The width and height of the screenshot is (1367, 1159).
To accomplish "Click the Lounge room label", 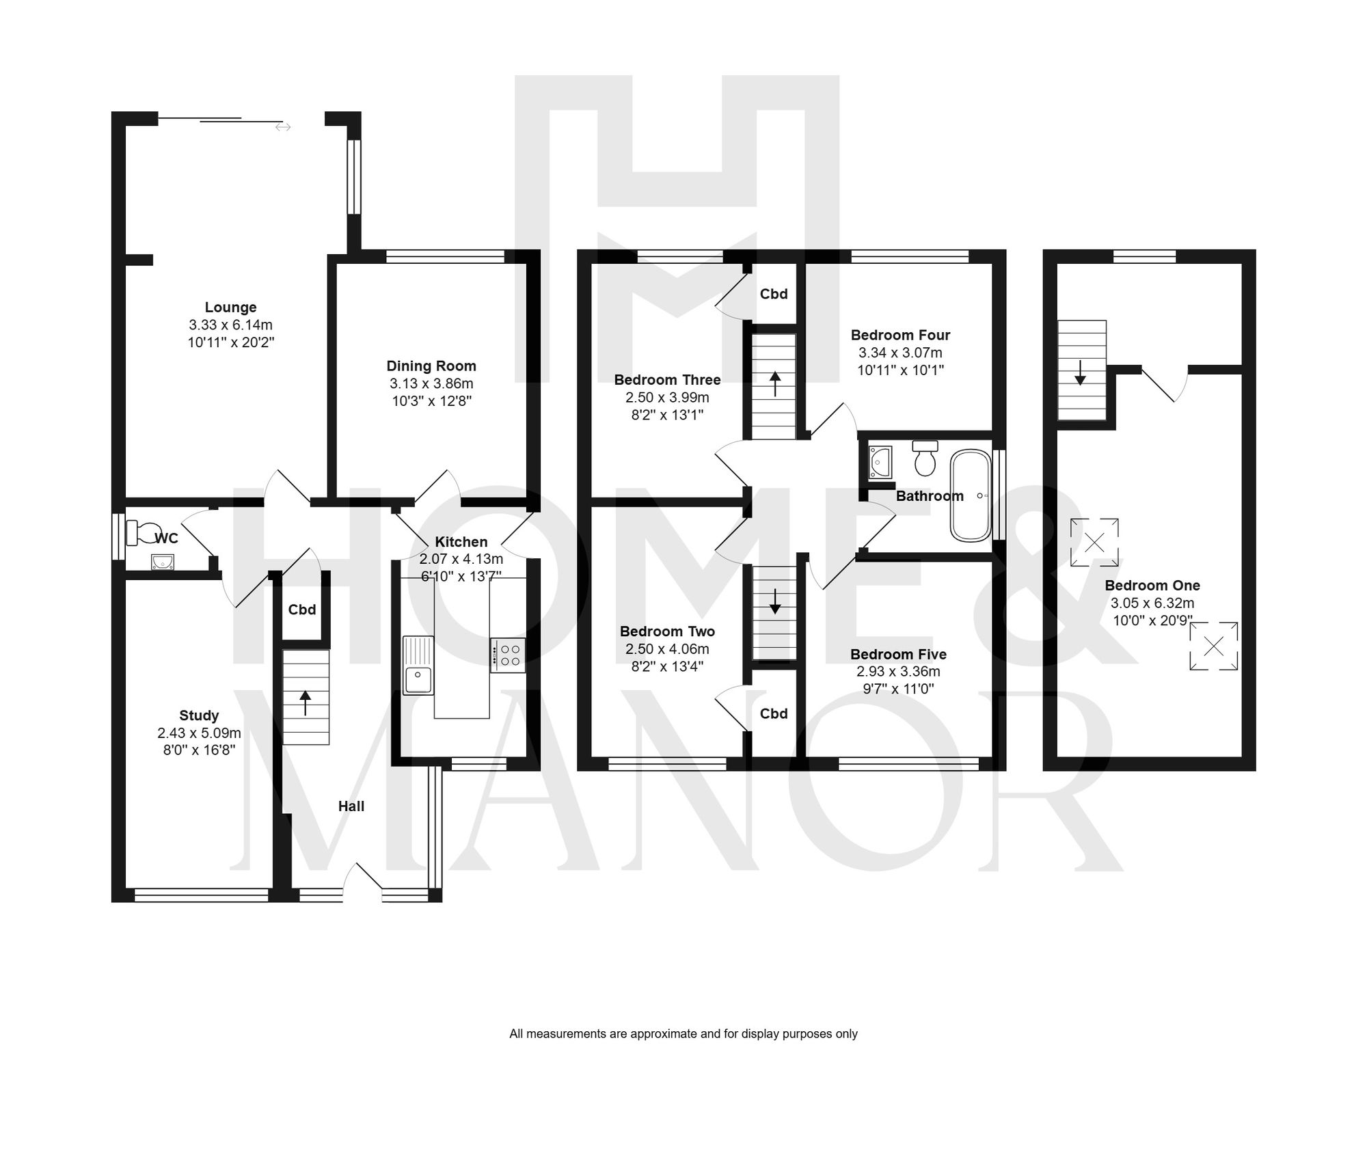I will coord(230,308).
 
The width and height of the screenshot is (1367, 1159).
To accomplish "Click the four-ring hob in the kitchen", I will coord(508,655).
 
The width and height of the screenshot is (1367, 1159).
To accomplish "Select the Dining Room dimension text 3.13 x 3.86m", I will coord(431,383).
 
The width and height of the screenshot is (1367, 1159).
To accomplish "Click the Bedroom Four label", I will coord(900,335).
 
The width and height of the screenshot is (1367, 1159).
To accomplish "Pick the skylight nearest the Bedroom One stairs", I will coord(1094,543).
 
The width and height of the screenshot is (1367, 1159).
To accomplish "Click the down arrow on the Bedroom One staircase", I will coord(1081,373).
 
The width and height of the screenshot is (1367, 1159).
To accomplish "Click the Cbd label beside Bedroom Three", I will coord(774,294).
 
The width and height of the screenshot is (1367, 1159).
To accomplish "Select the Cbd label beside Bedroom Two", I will coord(774,713).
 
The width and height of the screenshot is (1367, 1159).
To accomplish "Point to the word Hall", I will coord(351,806).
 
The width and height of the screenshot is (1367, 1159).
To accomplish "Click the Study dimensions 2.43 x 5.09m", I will coord(199,733).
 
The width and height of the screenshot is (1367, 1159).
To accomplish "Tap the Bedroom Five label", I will coord(898,654).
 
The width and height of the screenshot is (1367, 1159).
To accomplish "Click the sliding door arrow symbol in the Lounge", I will coord(283,127).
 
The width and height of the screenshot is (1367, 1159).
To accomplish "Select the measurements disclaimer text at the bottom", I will coord(683,1034).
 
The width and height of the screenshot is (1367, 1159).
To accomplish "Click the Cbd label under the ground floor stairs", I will coord(302,610).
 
